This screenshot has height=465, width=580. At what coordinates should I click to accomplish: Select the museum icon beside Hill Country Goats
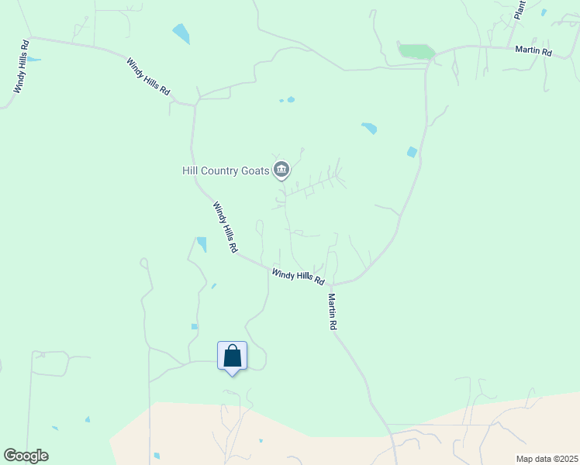click(x=281, y=170)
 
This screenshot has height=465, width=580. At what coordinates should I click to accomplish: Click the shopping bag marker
click(x=232, y=356)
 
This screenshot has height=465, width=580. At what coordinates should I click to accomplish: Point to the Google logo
click(x=26, y=456)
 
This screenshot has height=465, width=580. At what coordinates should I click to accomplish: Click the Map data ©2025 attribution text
click(x=547, y=459)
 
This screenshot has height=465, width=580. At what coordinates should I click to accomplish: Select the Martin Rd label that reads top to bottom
click(x=332, y=312)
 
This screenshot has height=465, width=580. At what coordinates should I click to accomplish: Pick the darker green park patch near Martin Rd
click(x=416, y=51)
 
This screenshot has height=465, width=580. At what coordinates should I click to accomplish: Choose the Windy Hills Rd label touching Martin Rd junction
click(x=298, y=276)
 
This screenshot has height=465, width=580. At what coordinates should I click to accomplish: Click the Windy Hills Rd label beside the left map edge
click(x=21, y=67)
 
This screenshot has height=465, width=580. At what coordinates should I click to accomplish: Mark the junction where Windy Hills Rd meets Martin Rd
click(x=332, y=284)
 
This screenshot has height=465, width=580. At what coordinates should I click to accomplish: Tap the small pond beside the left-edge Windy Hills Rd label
click(x=33, y=60)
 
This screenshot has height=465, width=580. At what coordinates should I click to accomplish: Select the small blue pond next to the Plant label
click(x=544, y=12)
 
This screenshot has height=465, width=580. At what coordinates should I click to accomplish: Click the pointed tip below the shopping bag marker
click(x=232, y=375)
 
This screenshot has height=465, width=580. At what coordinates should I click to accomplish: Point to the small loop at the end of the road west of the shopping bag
click(x=143, y=263)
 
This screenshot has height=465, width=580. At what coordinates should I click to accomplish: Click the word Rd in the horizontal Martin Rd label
click(x=546, y=52)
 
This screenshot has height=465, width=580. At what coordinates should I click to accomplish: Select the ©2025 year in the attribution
click(x=562, y=459)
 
